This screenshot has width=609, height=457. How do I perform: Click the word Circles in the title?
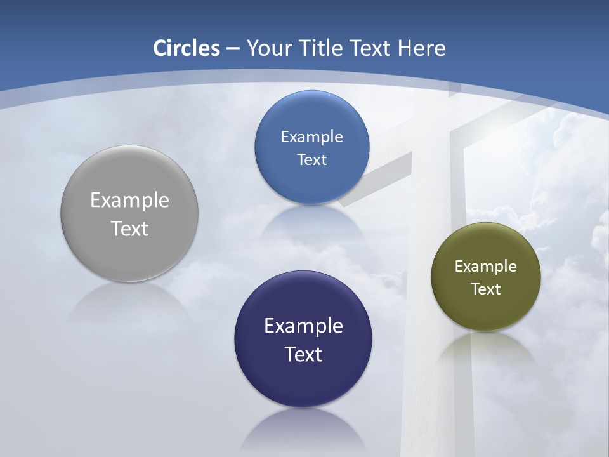tap(186, 48)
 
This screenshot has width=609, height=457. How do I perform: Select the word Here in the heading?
tap(421, 48)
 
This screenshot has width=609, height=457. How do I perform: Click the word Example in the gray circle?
tap(129, 201)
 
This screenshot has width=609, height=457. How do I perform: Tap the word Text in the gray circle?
tap(129, 228)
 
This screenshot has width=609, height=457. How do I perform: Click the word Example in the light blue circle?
tap(311, 137)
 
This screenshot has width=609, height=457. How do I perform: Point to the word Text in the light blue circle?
tap(311, 160)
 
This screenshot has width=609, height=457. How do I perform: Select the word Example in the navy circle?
tap(303, 326)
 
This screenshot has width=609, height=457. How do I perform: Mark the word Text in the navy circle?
tap(303, 354)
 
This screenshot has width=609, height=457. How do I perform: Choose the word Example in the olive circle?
tap(486, 267)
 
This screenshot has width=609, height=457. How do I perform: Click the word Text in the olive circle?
tap(486, 289)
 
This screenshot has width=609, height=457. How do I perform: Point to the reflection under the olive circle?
tap(486, 349)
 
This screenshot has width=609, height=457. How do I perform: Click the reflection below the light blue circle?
tap(311, 219)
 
